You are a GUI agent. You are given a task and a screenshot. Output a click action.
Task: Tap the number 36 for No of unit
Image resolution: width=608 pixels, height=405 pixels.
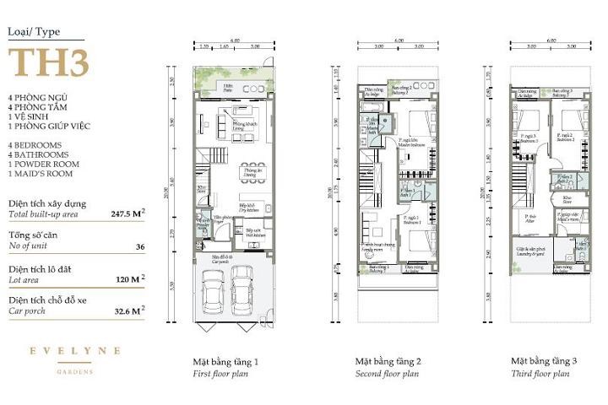tap(139, 247)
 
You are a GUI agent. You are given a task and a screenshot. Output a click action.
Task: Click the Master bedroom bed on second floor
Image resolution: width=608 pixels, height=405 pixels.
tap(411, 126)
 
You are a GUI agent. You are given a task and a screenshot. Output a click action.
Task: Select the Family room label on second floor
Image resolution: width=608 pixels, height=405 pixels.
tap(374, 248)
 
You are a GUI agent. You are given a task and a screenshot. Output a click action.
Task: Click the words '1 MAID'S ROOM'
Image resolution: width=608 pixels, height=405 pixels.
tap(40, 174)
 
